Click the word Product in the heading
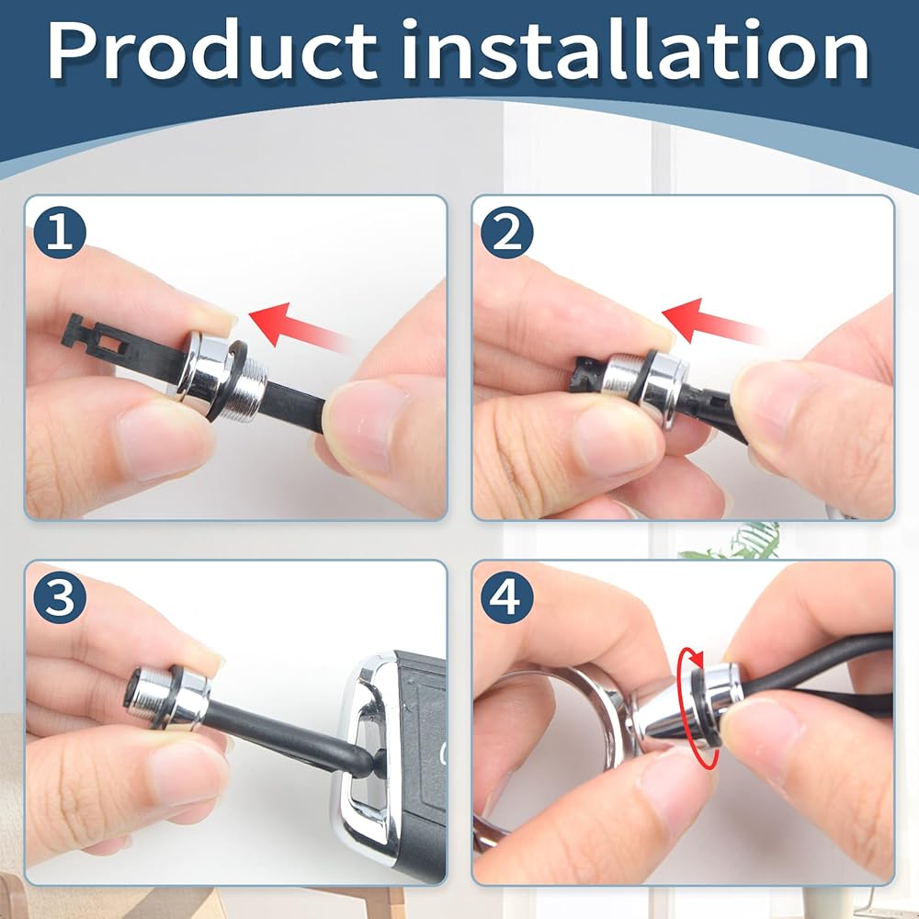[212, 51]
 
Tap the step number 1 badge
[60, 232]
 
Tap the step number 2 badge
[507, 232]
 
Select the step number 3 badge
[60, 597]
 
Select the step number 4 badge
[507, 597]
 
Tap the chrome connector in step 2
[645, 381]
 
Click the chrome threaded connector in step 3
[170, 698]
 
